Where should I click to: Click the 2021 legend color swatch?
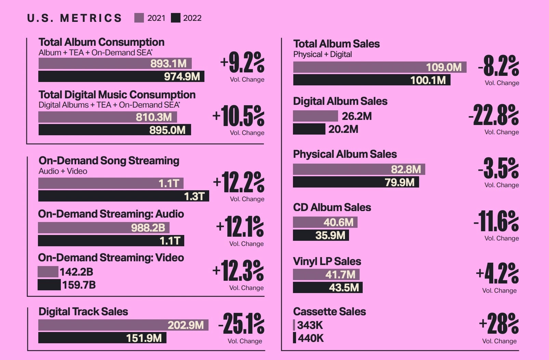[139, 18]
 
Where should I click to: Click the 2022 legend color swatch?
[175, 18]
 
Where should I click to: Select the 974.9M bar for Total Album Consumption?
[121, 77]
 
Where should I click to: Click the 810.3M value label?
[154, 117]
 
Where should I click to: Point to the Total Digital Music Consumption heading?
[117, 95]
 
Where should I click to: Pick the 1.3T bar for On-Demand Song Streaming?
[123, 196]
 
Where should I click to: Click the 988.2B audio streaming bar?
[104, 228]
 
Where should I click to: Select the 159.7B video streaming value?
[79, 285]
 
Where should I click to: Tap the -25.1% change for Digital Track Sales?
[242, 324]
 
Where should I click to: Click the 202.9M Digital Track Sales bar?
[123, 325]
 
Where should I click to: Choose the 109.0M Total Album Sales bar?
[379, 67]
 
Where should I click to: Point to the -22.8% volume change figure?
[494, 115]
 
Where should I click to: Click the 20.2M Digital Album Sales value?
[343, 129]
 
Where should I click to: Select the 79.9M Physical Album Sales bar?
[356, 182]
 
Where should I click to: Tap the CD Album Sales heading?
[332, 207]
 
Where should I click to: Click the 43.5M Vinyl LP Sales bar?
[327, 288]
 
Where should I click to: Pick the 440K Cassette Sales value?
[310, 338]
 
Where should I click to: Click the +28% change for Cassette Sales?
[499, 323]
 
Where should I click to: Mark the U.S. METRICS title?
[74, 18]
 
